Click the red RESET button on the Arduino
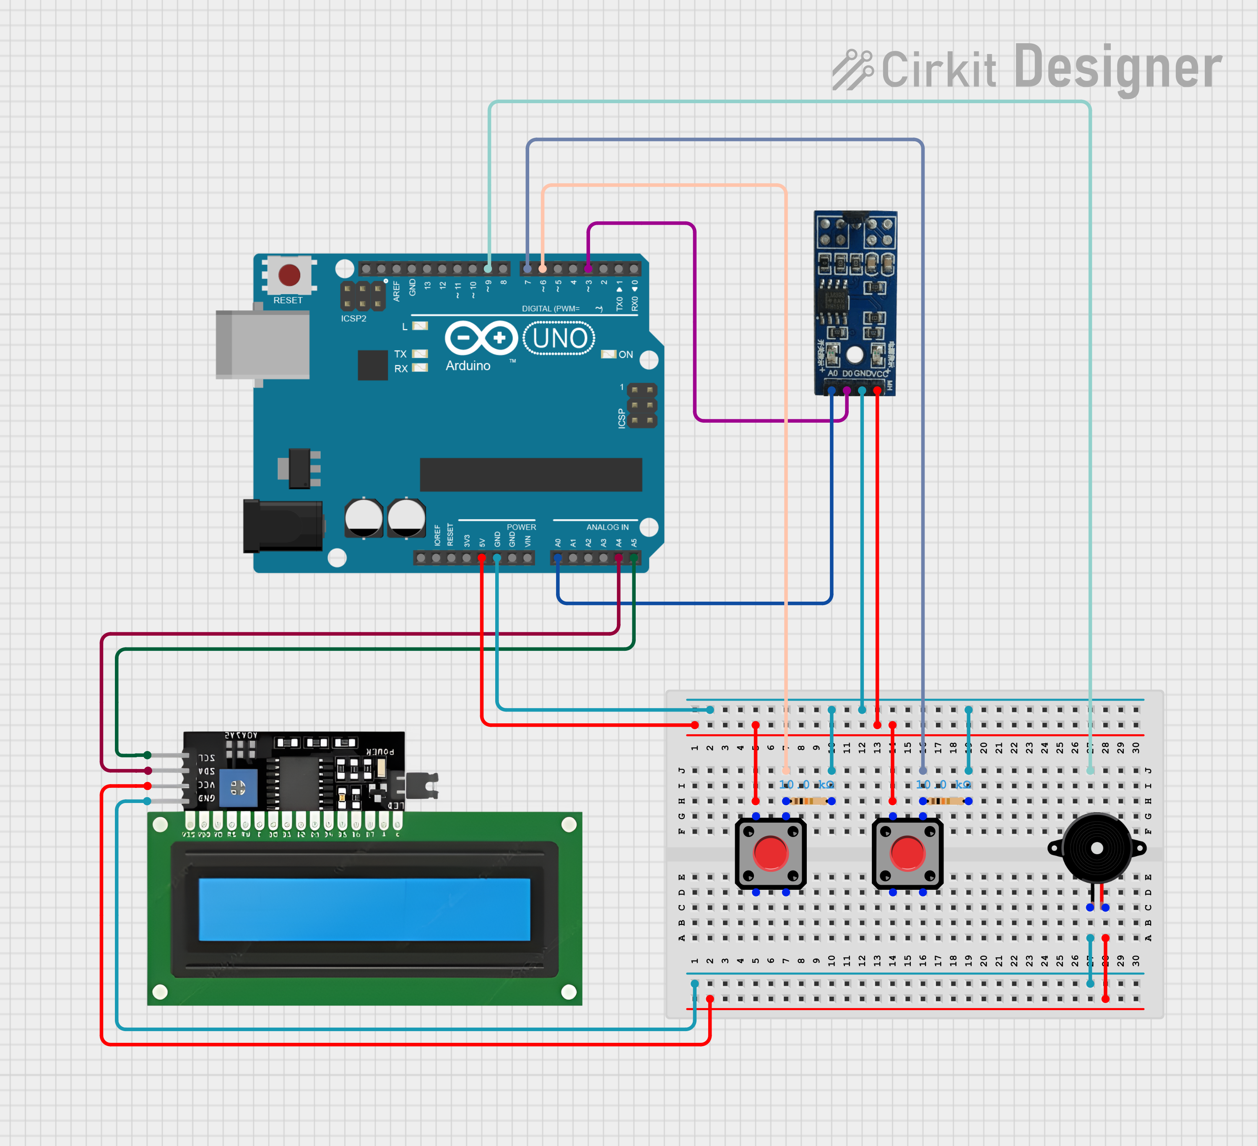(289, 275)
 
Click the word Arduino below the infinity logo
(468, 366)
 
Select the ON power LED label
(625, 354)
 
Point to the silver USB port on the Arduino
(262, 344)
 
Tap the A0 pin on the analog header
(558, 558)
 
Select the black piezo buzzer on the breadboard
(1097, 848)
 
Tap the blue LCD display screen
(364, 909)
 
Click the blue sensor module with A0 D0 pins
(855, 303)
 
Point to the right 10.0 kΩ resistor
(945, 801)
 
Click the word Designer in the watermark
(1117, 68)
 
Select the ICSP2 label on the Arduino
(353, 319)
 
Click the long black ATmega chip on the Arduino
(530, 475)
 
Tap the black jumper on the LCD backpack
(422, 785)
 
